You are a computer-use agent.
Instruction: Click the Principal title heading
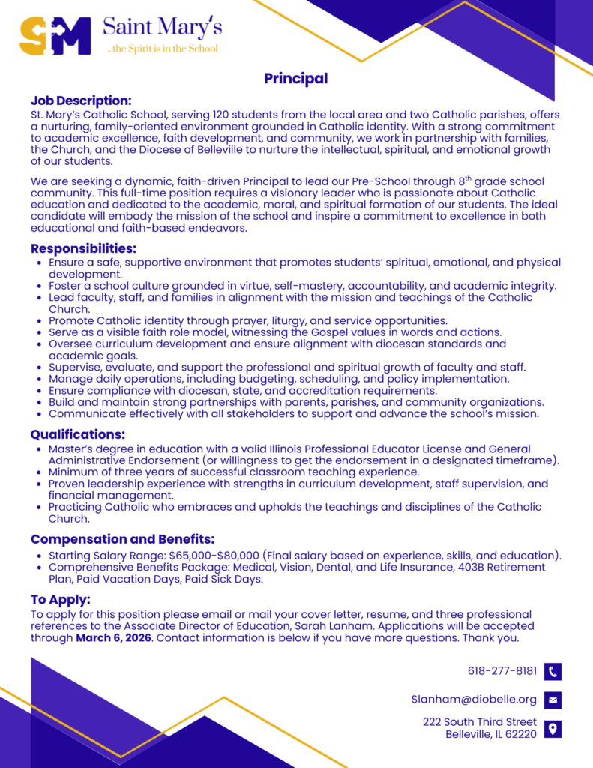coord(295,79)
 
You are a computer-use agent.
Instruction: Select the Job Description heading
coord(81,100)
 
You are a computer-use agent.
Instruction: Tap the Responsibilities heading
coord(83,248)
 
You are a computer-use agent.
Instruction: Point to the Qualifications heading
coord(77,434)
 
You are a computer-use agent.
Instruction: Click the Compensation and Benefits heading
coord(122,539)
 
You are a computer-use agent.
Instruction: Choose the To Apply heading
coord(61,599)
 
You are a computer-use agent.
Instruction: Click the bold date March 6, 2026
coord(113,638)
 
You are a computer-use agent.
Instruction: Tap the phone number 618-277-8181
coord(502,670)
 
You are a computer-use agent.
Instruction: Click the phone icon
coord(553,671)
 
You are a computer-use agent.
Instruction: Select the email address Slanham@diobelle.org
coord(474,700)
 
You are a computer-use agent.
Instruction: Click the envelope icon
coord(553,700)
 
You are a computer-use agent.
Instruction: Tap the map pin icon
coord(553,728)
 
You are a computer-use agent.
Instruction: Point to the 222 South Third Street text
coord(480,722)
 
